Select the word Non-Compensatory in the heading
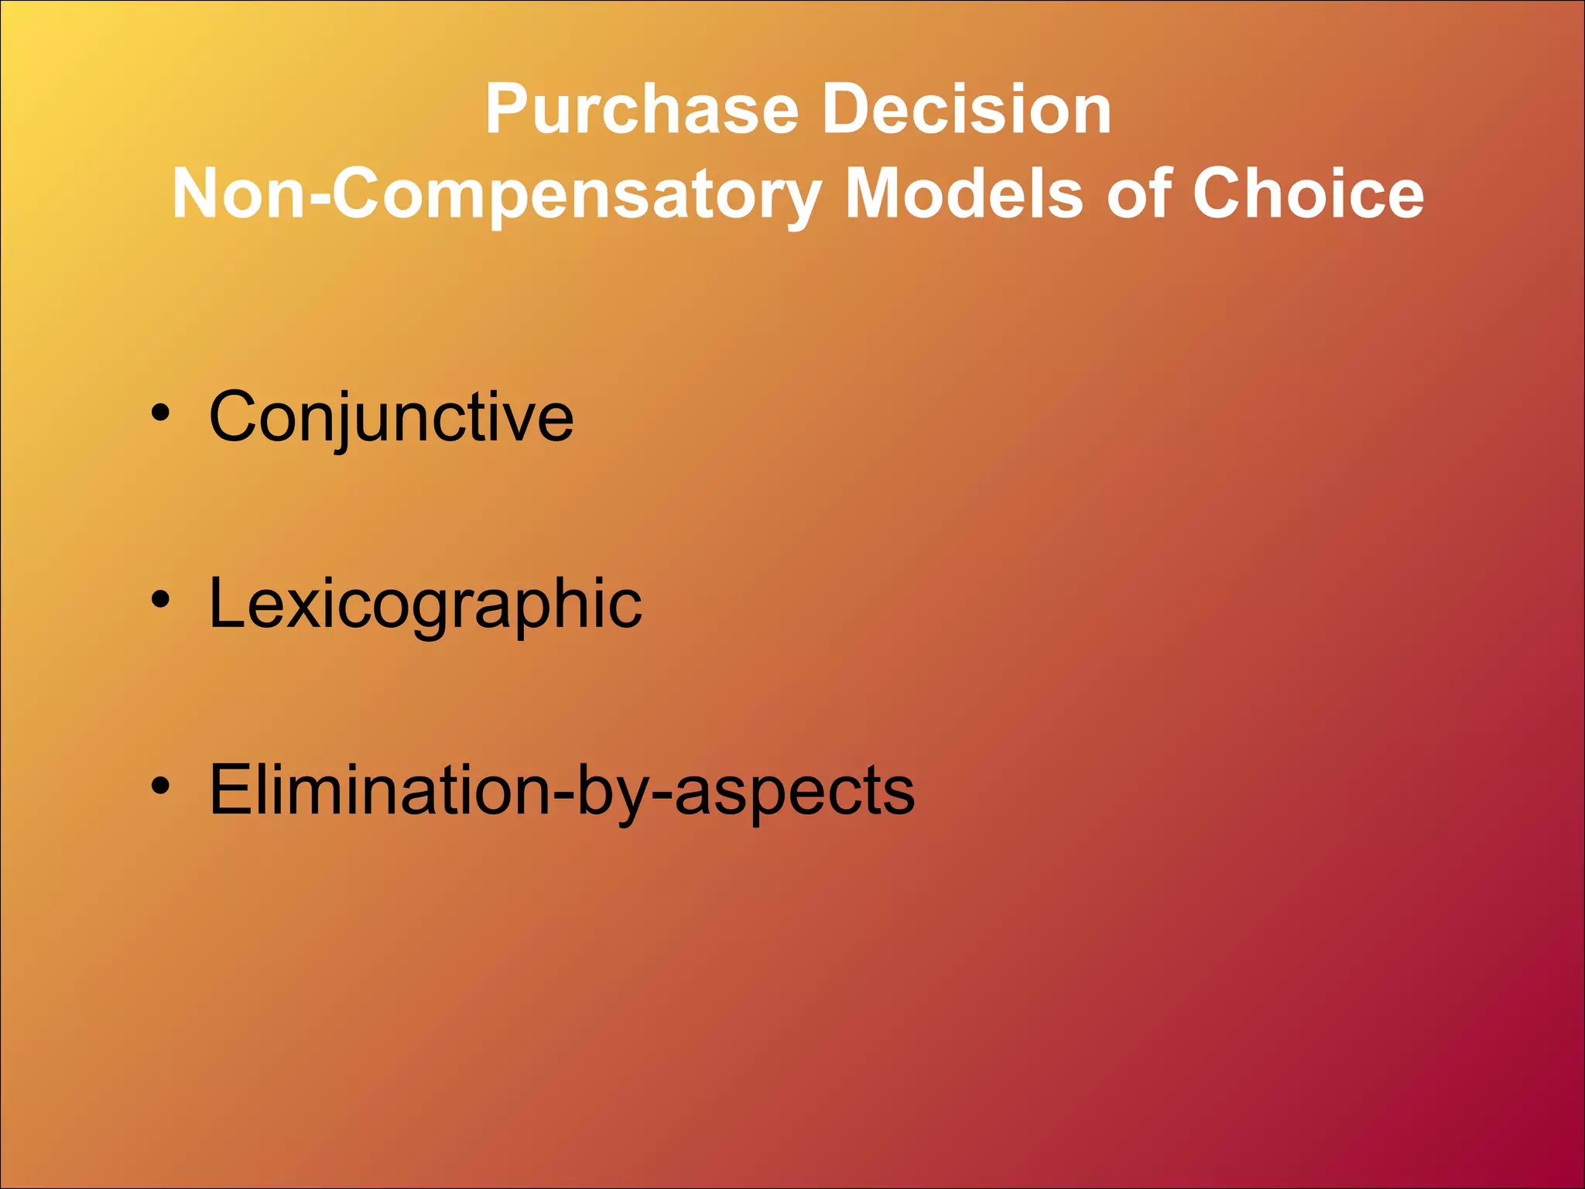pyautogui.click(x=496, y=194)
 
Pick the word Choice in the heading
pyautogui.click(x=1307, y=194)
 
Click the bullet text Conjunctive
pyautogui.click(x=392, y=417)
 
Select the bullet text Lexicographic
pyautogui.click(x=425, y=604)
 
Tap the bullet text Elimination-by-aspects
pyautogui.click(x=562, y=790)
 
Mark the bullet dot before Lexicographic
pyautogui.click(x=160, y=599)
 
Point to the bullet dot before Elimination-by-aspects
pyautogui.click(x=160, y=786)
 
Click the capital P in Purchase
pyautogui.click(x=507, y=110)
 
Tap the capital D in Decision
pyautogui.click(x=846, y=110)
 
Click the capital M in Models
pyautogui.click(x=878, y=194)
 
